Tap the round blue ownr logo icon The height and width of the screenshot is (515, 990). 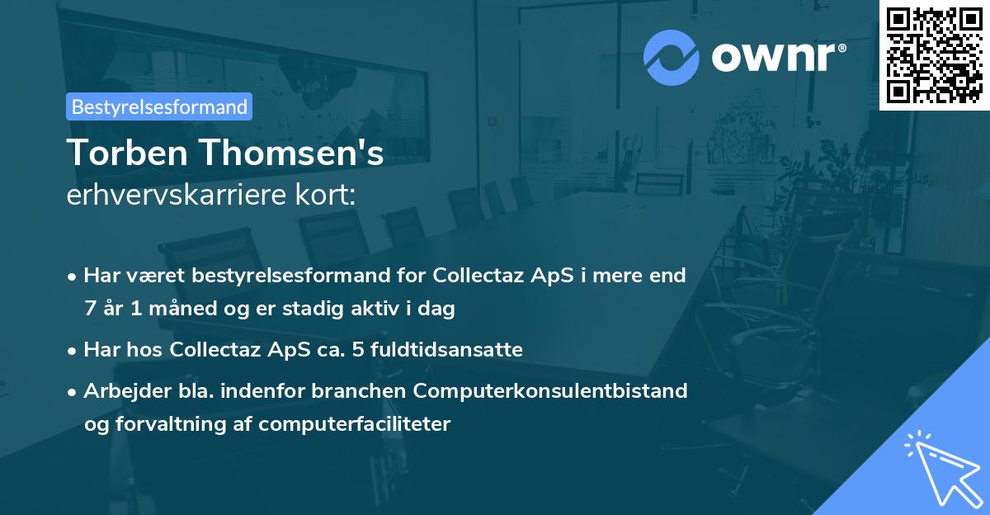(672, 57)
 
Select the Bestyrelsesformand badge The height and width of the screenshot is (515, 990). (159, 106)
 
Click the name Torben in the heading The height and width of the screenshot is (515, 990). (122, 153)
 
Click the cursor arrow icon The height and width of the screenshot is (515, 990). (940, 466)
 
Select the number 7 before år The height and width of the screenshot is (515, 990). (89, 309)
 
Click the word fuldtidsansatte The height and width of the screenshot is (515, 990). (450, 349)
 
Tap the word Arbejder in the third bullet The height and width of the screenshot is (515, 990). (121, 390)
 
